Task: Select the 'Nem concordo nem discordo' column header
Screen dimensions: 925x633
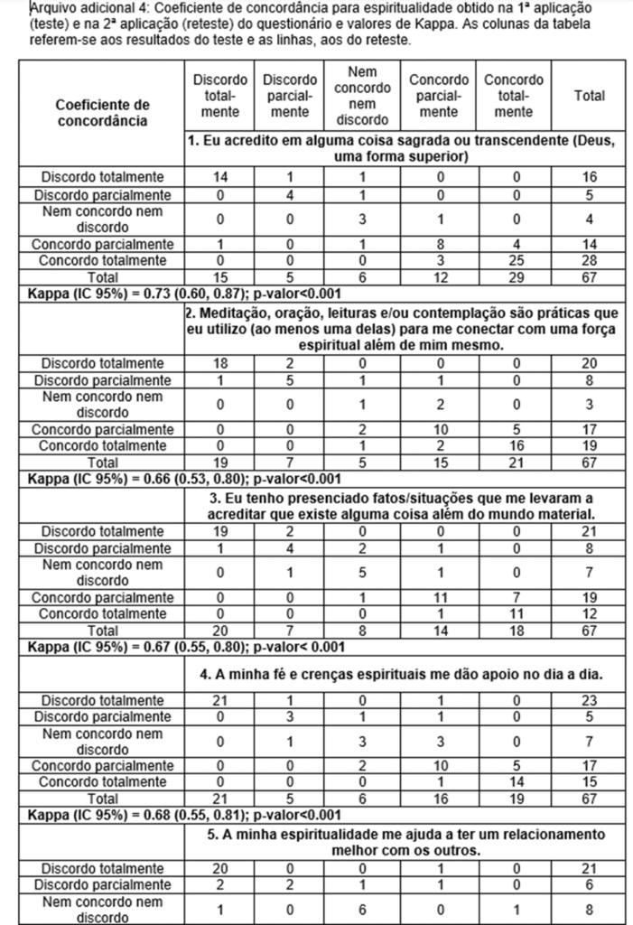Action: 362,96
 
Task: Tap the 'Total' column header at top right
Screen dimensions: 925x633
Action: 590,96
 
